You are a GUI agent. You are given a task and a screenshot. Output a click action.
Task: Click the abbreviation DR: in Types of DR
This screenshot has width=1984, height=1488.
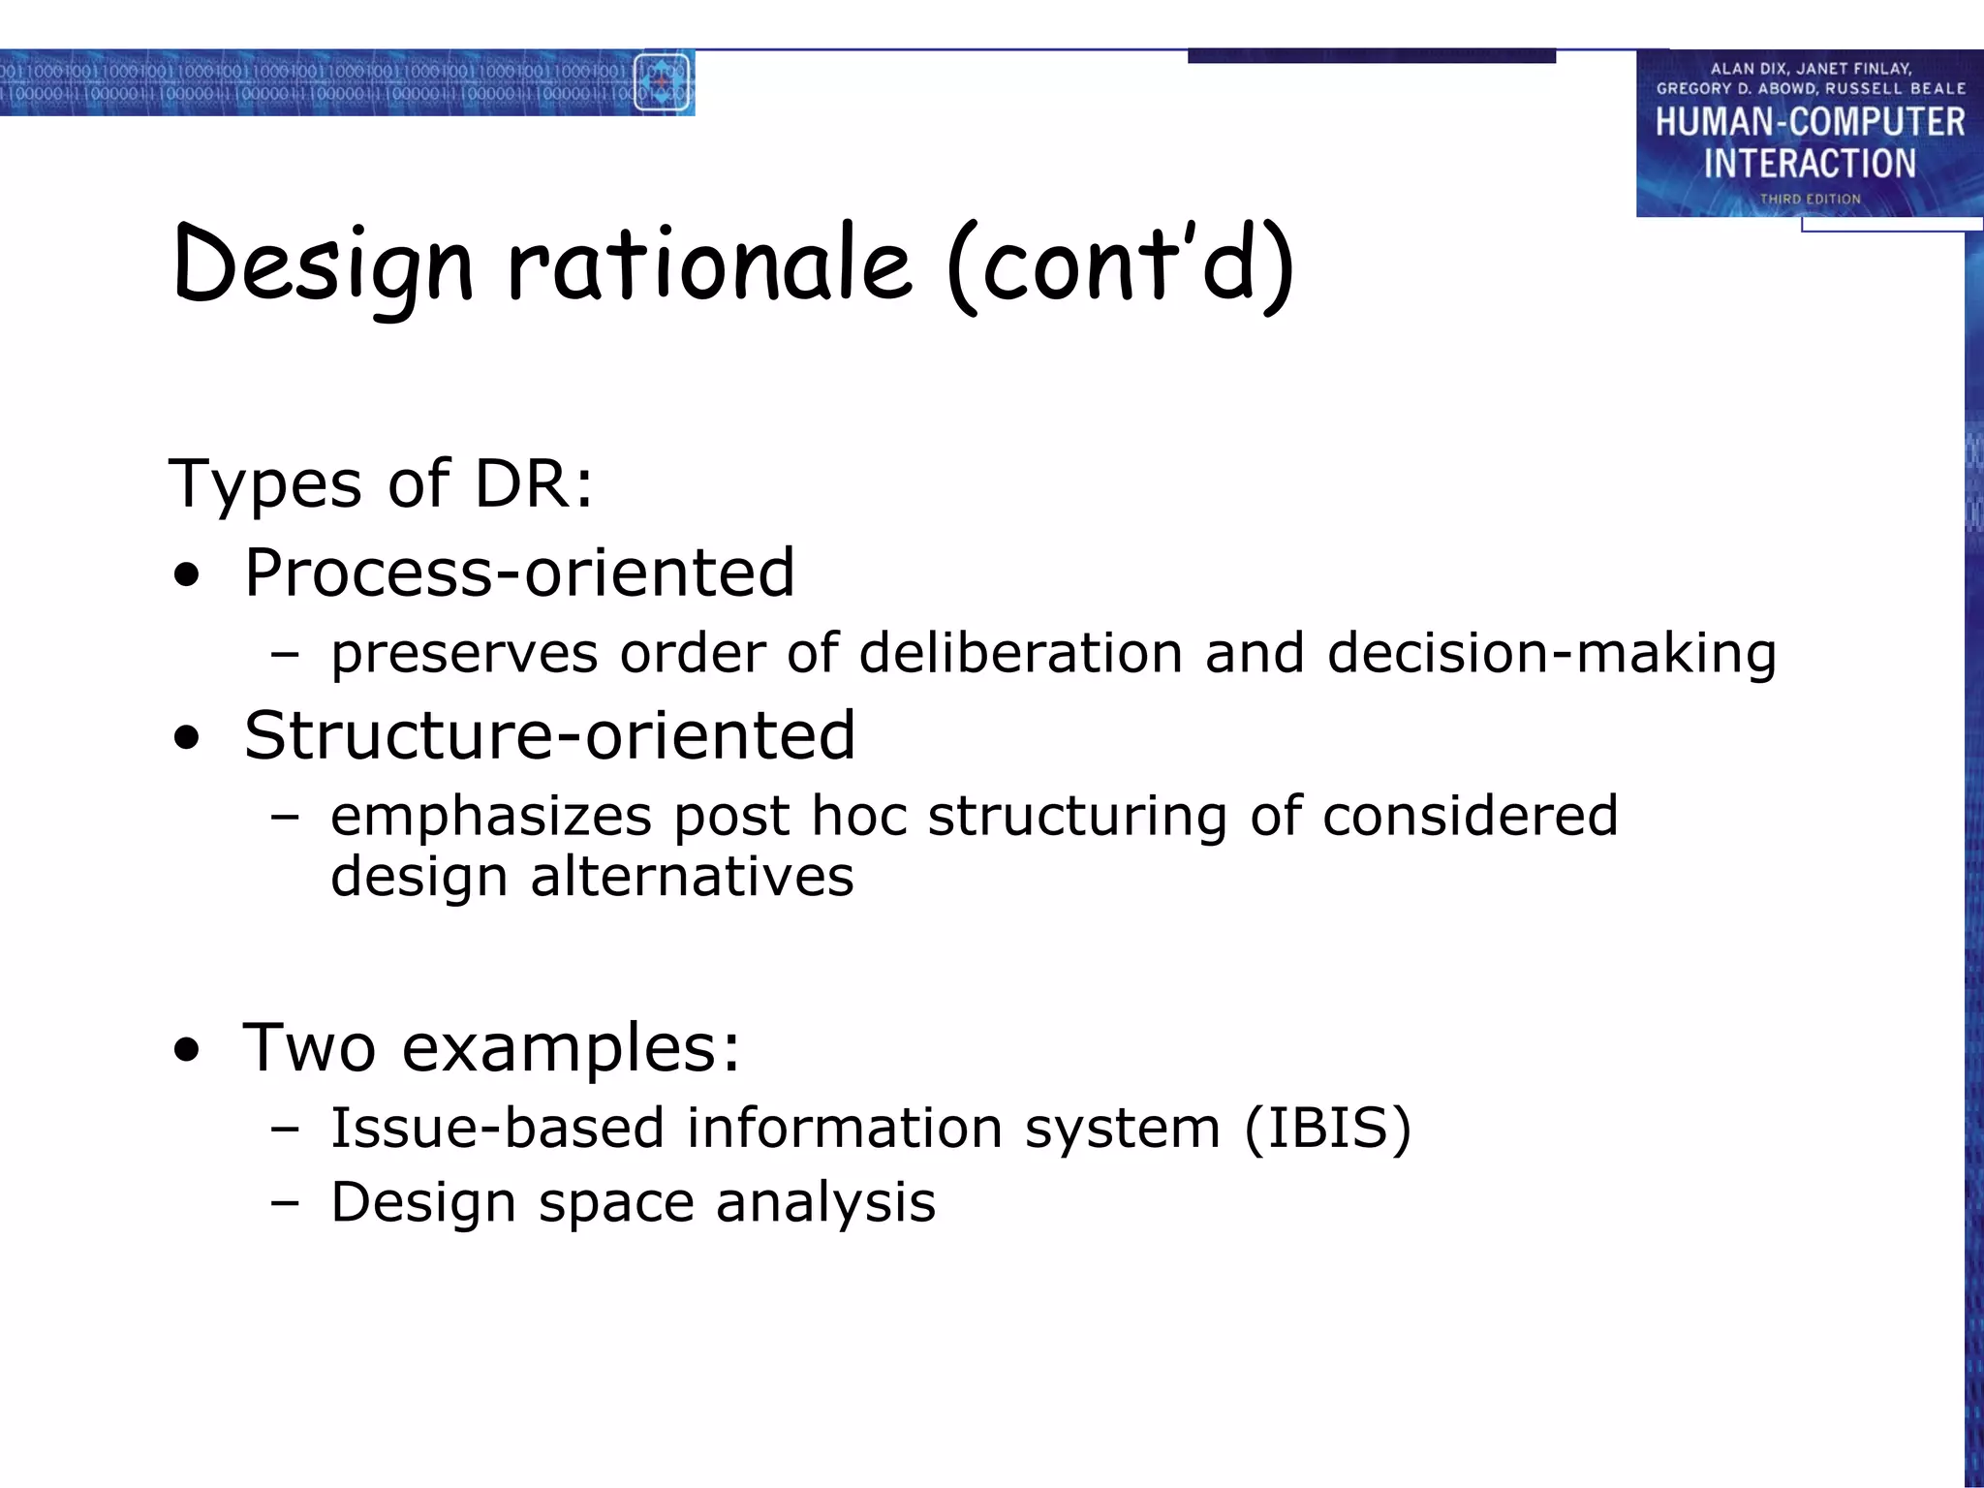pyautogui.click(x=534, y=482)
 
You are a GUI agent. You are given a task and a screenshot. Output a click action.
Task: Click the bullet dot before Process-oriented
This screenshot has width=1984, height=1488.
pyautogui.click(x=187, y=576)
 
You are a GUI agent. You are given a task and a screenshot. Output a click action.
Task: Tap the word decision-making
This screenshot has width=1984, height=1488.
pyautogui.click(x=1551, y=654)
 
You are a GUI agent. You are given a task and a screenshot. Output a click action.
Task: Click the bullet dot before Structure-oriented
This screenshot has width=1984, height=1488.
pyautogui.click(x=187, y=739)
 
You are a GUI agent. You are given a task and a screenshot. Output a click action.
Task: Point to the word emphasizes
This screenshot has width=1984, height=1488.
pyautogui.click(x=491, y=816)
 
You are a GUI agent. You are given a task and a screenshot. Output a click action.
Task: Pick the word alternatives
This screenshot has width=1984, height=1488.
pyautogui.click(x=692, y=876)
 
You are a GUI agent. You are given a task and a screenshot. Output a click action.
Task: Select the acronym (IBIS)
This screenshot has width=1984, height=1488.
pyautogui.click(x=1327, y=1128)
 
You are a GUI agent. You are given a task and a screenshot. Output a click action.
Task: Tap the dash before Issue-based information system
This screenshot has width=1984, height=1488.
pyautogui.click(x=285, y=1129)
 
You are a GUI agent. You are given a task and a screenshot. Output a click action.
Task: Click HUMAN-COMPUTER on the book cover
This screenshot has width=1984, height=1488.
pyautogui.click(x=1810, y=122)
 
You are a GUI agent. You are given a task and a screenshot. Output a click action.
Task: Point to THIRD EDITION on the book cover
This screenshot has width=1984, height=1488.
pyautogui.click(x=1810, y=199)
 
